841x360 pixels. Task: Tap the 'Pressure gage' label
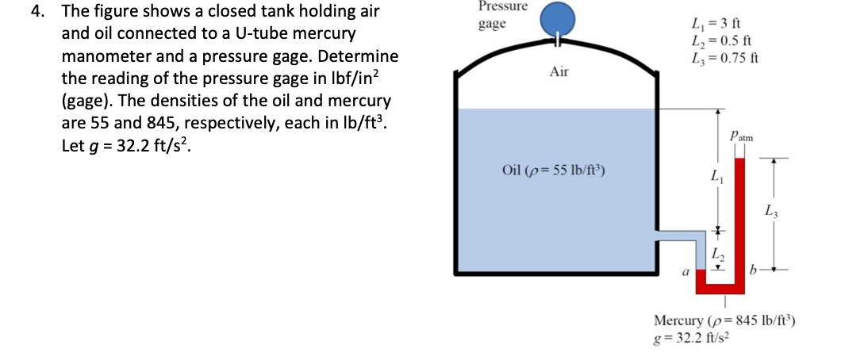(x=503, y=15)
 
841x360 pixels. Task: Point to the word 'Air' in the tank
(x=559, y=72)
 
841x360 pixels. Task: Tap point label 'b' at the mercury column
(x=755, y=271)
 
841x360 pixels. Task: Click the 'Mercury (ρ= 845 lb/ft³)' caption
(x=724, y=320)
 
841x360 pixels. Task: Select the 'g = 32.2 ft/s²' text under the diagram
(x=690, y=336)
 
